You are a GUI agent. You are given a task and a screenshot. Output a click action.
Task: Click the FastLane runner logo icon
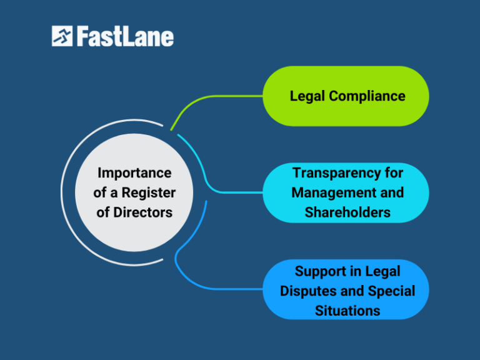coord(62,36)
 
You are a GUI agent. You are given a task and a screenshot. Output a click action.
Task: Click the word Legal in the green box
coord(307,96)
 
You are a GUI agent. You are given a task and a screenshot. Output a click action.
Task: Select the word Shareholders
coord(347,212)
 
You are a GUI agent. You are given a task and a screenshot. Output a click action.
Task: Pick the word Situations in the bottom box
coord(347,310)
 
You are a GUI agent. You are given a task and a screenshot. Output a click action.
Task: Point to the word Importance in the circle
coord(134,172)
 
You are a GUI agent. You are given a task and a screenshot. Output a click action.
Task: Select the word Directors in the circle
coord(143,212)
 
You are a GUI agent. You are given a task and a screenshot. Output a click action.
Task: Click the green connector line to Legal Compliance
coord(212,97)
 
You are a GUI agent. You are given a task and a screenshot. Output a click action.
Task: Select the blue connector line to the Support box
coord(212,288)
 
